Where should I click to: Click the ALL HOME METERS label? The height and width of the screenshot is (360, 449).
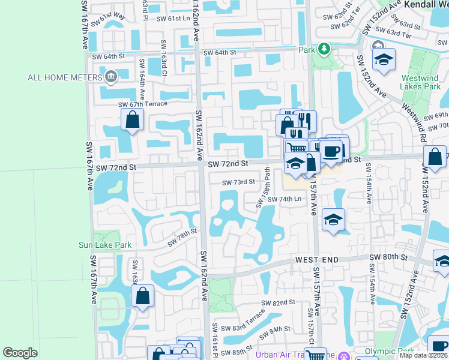point(64,77)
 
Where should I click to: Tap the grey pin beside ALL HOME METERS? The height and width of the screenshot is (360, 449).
point(110,77)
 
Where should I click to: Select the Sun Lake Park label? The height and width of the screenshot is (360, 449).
point(105,245)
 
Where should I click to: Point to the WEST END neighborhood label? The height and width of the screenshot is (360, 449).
point(316,260)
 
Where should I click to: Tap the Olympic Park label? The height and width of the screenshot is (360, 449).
point(390,351)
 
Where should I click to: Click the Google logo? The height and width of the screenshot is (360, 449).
point(20,353)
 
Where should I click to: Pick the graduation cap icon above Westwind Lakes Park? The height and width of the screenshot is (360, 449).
point(384,59)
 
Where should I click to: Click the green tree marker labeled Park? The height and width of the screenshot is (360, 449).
point(324,48)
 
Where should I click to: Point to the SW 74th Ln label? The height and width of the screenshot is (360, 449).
point(284,199)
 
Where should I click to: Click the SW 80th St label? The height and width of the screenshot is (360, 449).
point(388,257)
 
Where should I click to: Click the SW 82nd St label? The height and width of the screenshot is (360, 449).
point(276,303)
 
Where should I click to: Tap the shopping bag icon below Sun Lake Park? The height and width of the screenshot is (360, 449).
point(142,296)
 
